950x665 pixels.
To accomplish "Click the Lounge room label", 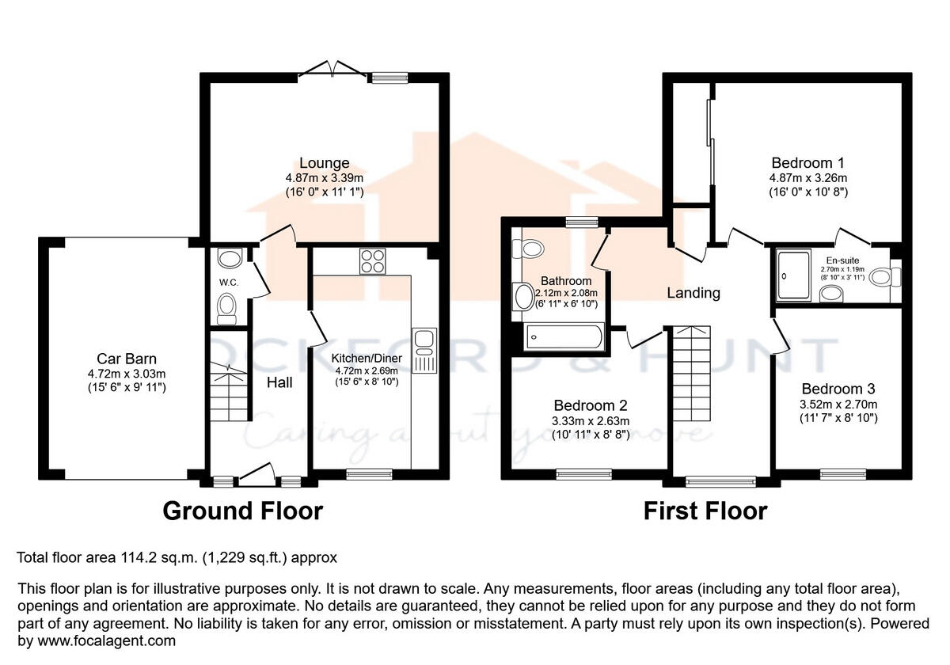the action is [325, 164].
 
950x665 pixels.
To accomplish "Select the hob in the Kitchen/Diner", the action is [371, 260].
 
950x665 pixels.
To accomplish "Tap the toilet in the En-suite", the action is [896, 276].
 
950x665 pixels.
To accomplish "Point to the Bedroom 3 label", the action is [838, 389].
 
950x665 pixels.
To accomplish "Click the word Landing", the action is [693, 293].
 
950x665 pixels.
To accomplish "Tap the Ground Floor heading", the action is [242, 511].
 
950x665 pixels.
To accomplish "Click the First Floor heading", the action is [705, 511].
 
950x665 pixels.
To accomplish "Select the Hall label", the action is [279, 382].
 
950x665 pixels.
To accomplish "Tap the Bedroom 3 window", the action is [838, 474].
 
